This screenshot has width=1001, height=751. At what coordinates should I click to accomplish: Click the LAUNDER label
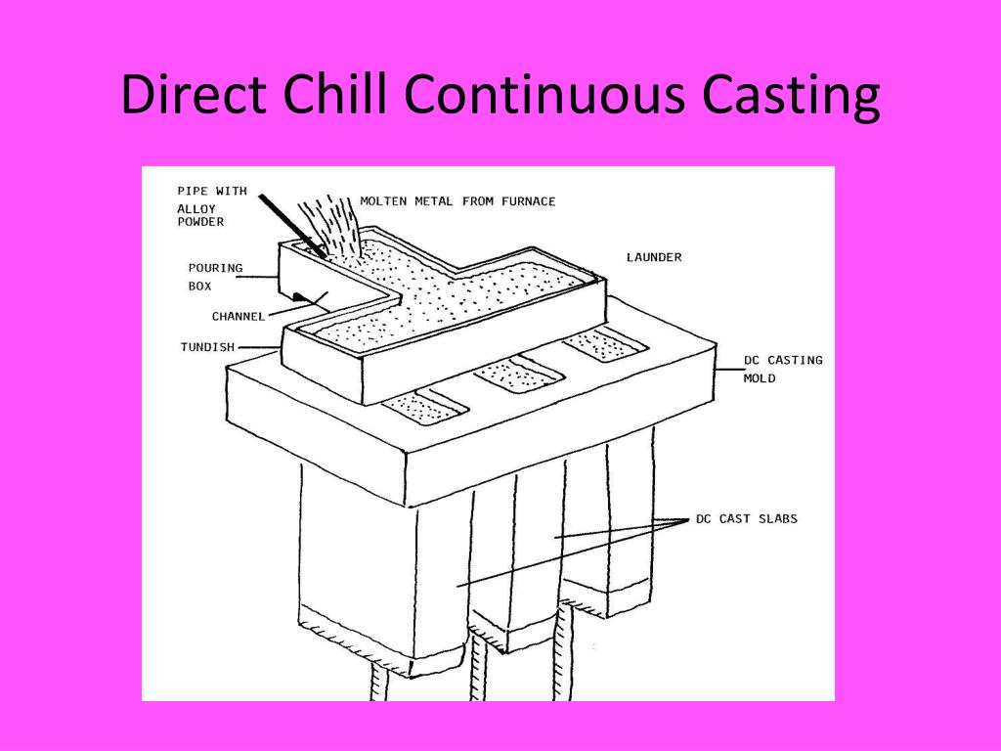[654, 257]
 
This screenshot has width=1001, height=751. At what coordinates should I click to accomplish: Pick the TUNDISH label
[206, 346]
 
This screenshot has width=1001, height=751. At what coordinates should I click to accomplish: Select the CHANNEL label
[239, 316]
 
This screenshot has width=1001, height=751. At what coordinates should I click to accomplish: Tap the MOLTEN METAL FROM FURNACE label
[457, 201]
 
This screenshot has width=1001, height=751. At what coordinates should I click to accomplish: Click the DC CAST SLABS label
[746, 518]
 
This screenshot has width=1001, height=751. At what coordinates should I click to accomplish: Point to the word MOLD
[760, 378]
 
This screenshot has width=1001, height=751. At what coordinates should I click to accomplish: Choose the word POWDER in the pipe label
[200, 222]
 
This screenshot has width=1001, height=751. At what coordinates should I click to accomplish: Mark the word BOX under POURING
[199, 286]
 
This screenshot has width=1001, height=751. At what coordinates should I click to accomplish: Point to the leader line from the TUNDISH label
[258, 347]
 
